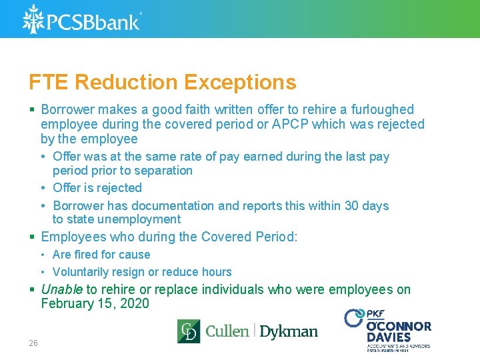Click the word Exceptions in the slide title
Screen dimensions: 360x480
coord(240,82)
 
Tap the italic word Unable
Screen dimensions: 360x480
coord(61,289)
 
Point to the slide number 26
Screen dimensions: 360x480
coord(33,343)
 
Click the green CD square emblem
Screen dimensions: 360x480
coord(188,331)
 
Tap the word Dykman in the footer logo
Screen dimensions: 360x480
coord(288,331)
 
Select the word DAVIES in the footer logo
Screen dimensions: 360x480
coord(389,337)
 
